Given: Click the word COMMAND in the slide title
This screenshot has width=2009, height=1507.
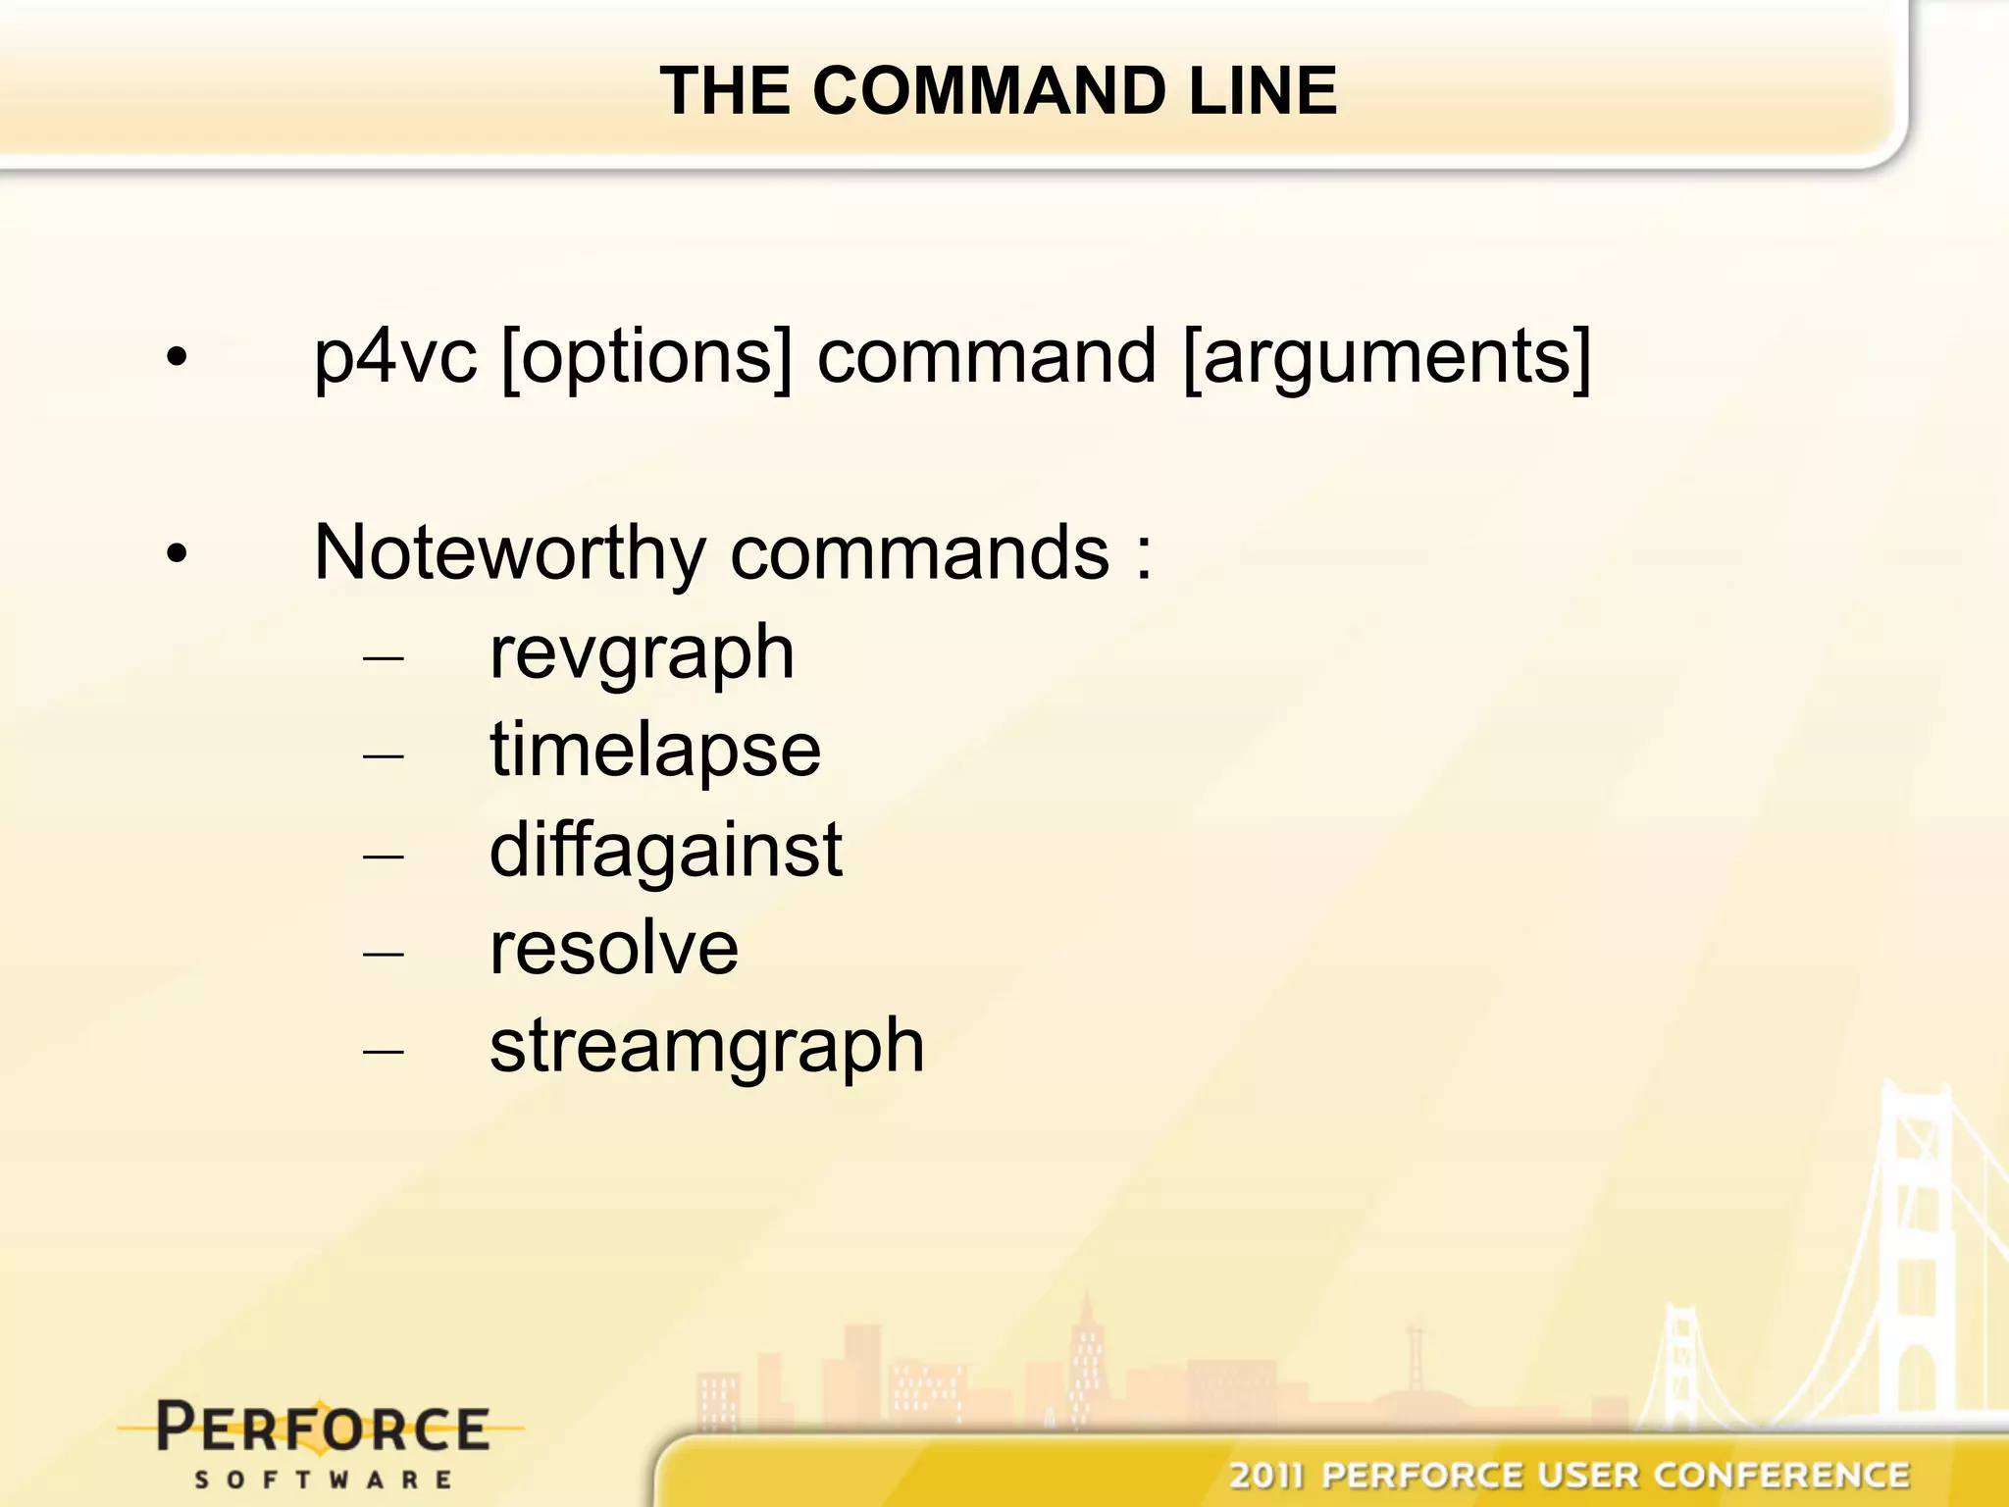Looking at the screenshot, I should (x=990, y=90).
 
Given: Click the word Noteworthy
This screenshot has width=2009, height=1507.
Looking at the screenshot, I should (x=509, y=553).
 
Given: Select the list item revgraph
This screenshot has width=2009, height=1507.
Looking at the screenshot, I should (x=642, y=654).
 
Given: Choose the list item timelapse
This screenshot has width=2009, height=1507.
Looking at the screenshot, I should (x=655, y=753).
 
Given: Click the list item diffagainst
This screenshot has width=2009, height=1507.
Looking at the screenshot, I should (x=665, y=850).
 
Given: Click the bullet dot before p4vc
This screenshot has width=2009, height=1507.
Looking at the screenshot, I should (x=177, y=358).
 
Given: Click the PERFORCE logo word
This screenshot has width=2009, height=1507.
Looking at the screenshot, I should (x=323, y=1429).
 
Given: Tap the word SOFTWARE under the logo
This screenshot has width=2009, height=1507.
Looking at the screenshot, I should (x=324, y=1479).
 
